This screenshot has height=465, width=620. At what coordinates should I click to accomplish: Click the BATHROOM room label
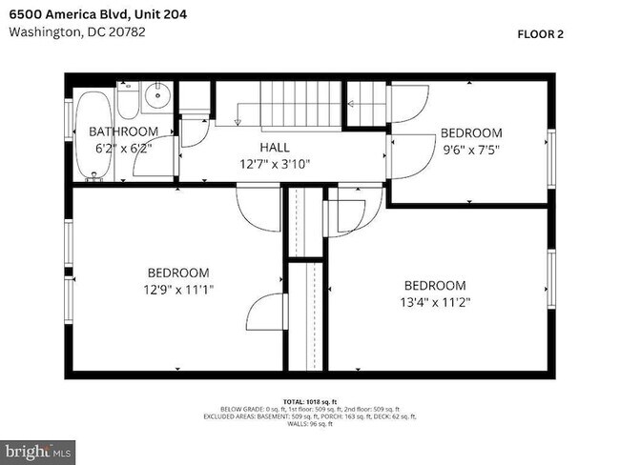[123, 131]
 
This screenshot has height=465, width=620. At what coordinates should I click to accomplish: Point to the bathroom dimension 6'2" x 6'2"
[123, 149]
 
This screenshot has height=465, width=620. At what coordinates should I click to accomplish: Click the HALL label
[276, 147]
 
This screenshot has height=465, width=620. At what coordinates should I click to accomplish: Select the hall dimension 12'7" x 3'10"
[276, 163]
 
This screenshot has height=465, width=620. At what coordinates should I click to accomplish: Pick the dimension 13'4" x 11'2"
[435, 302]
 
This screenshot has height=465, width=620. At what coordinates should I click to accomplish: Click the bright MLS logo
[38, 450]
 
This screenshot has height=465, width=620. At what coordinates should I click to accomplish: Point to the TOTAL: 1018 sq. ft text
[309, 401]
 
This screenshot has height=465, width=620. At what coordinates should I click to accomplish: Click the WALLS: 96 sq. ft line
[309, 425]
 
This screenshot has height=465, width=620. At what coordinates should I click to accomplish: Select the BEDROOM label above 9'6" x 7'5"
[469, 132]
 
